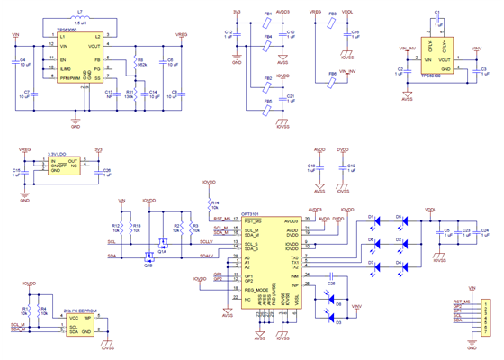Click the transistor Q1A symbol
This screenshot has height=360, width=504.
pos(163,244)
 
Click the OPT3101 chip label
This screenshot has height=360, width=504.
pos(251,214)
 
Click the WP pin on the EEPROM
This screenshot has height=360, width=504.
pos(88,318)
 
